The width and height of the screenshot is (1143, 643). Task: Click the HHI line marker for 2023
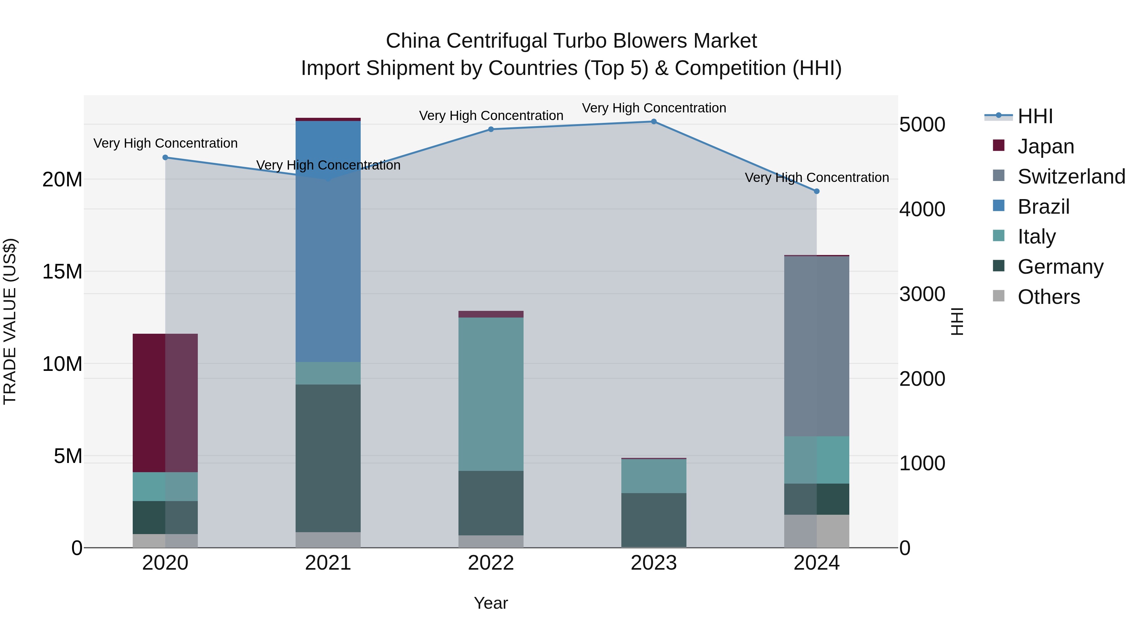(x=654, y=122)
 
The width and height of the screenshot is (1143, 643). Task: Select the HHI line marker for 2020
(x=165, y=157)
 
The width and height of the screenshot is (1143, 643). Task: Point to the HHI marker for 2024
(x=816, y=191)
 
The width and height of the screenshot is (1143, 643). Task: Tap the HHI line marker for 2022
(x=491, y=130)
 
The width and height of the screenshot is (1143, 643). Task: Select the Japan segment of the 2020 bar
(x=165, y=403)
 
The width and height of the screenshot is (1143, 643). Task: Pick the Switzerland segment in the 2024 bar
(x=816, y=346)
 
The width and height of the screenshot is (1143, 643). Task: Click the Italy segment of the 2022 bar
(x=491, y=394)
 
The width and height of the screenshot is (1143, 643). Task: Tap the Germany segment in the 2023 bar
(x=654, y=520)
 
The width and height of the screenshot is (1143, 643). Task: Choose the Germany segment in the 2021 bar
(x=328, y=458)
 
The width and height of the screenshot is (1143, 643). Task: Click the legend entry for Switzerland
(x=1071, y=177)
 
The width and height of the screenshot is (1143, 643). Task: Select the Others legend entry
(x=1048, y=297)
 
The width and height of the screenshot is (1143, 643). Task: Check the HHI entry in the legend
(x=1035, y=116)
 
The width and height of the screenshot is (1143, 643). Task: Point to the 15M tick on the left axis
(x=62, y=271)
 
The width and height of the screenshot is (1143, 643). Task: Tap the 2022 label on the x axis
(x=491, y=563)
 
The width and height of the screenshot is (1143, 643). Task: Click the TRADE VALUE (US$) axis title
(x=10, y=321)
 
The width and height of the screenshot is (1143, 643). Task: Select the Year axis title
(x=491, y=603)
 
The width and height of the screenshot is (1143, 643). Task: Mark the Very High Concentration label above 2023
(x=654, y=108)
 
